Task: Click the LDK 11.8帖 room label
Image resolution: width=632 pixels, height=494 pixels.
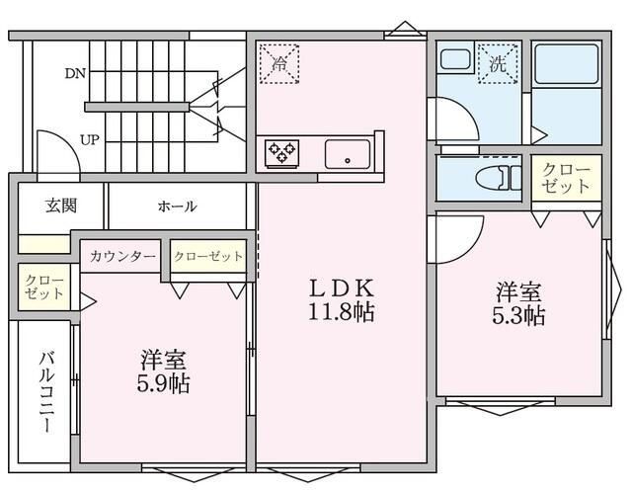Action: pyautogui.click(x=341, y=300)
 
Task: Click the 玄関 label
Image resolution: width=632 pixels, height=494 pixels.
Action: pyautogui.click(x=60, y=206)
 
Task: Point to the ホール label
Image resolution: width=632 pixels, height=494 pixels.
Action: pyautogui.click(x=177, y=206)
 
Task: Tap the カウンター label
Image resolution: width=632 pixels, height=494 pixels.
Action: pyautogui.click(x=122, y=257)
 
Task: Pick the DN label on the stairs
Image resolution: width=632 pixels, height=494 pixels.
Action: pyautogui.click(x=75, y=73)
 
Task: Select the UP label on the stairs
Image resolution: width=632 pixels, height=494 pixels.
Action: pyautogui.click(x=89, y=139)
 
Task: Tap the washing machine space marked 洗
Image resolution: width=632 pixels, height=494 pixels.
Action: pyautogui.click(x=499, y=64)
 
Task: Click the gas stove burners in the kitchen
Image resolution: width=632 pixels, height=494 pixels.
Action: pyautogui.click(x=281, y=152)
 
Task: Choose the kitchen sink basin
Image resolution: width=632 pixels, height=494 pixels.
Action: pyautogui.click(x=348, y=153)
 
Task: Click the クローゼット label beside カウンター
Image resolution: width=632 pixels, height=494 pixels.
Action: pyautogui.click(x=208, y=257)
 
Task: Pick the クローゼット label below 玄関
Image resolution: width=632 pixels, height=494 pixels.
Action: pyautogui.click(x=42, y=288)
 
